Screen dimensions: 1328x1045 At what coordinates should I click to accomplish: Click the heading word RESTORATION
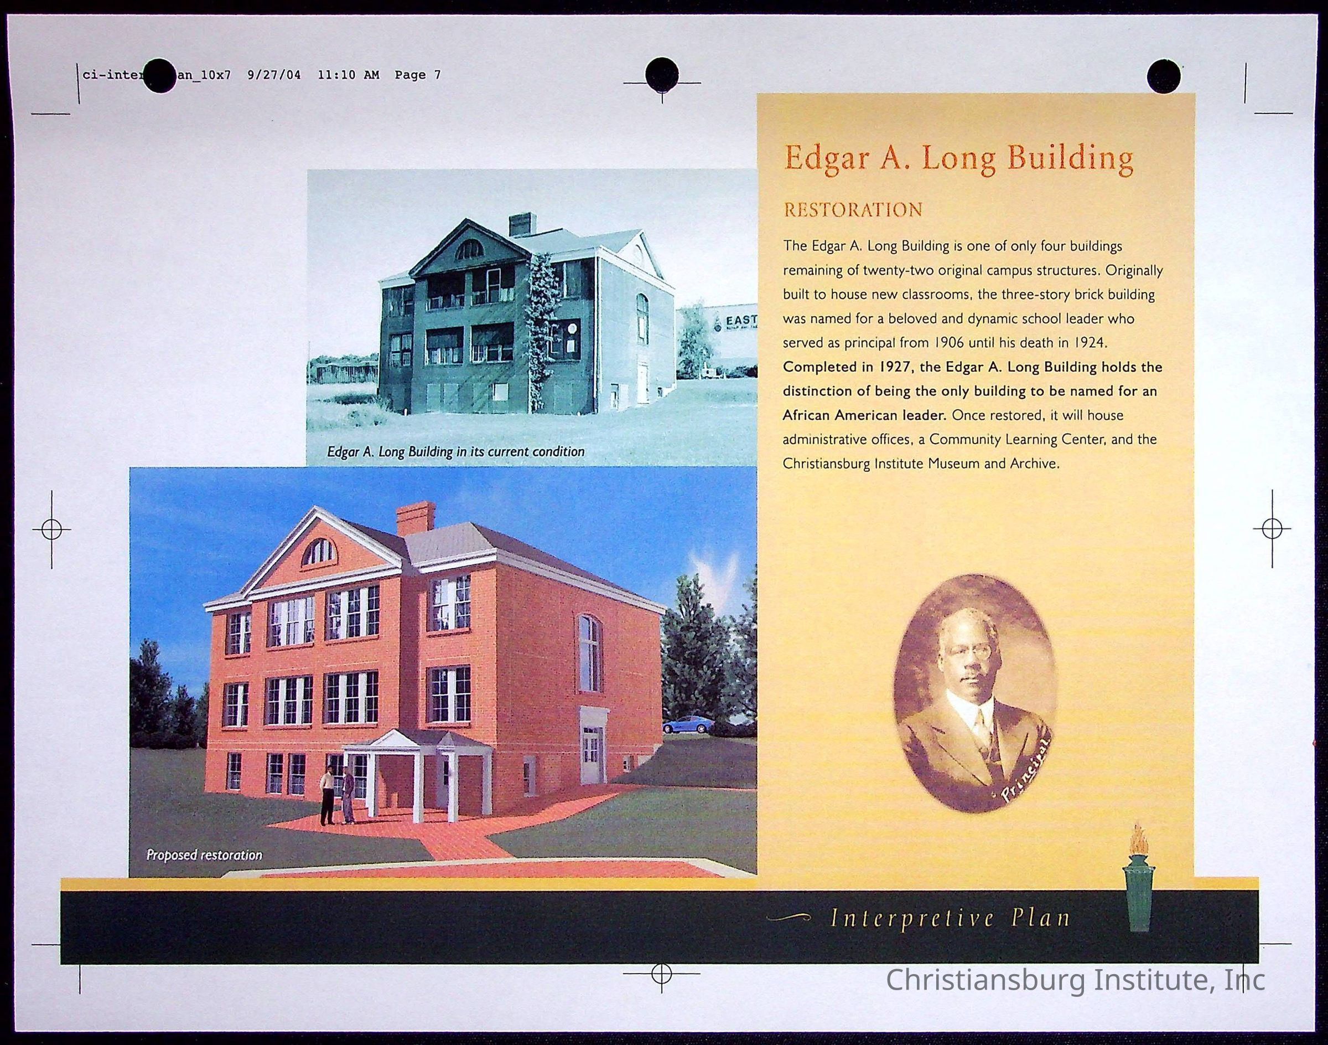(853, 210)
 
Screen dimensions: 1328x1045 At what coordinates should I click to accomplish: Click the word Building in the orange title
(1070, 158)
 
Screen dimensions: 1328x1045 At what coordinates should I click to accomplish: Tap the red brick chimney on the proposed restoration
(416, 519)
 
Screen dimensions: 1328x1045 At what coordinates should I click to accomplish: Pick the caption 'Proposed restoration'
(204, 854)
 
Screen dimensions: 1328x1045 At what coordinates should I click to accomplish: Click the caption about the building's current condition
(455, 451)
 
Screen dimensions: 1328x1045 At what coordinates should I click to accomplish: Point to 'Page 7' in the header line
(418, 75)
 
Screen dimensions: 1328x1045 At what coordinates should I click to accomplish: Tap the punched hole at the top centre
(662, 74)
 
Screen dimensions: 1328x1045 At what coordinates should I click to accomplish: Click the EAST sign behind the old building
(740, 321)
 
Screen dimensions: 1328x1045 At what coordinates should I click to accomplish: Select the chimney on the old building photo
(522, 224)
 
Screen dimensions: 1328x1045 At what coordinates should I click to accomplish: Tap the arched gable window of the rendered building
(319, 552)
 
